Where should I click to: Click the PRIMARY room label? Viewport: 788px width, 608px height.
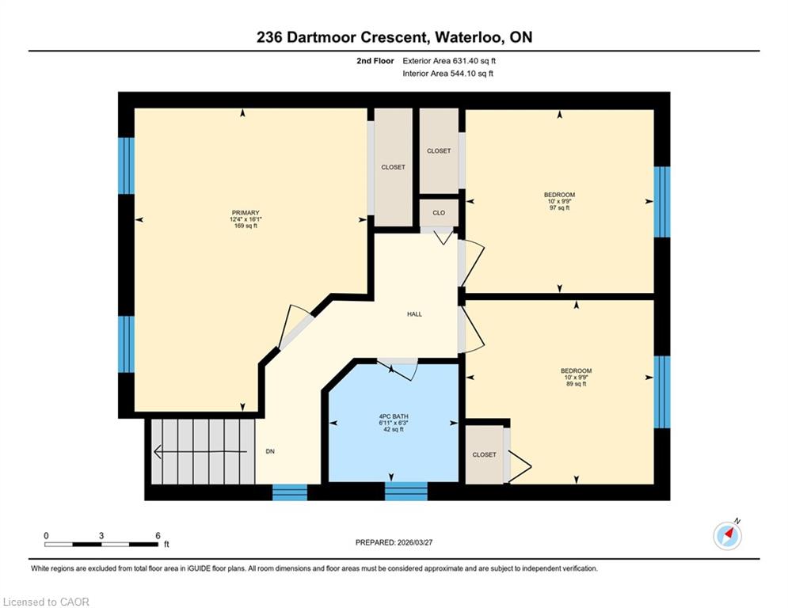click(x=246, y=212)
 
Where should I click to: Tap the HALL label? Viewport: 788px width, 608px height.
click(x=415, y=314)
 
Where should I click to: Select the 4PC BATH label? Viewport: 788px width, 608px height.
click(x=394, y=416)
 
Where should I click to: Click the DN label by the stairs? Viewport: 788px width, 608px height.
click(x=270, y=451)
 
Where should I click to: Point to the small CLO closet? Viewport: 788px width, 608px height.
click(x=439, y=212)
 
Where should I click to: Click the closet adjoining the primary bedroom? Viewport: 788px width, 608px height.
click(x=393, y=167)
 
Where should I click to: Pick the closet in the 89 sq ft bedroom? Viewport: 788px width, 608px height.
click(x=485, y=454)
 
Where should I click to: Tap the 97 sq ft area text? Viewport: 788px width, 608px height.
click(x=559, y=207)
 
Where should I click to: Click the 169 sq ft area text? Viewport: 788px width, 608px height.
click(x=246, y=226)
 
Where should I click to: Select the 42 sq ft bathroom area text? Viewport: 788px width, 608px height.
click(x=394, y=430)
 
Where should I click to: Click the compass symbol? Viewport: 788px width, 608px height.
click(x=727, y=536)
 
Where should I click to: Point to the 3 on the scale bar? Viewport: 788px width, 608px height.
click(x=101, y=536)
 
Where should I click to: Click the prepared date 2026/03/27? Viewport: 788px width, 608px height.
click(x=415, y=542)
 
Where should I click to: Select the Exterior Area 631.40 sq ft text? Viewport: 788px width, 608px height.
click(x=449, y=61)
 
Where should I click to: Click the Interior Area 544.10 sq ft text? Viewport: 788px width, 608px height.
click(x=447, y=74)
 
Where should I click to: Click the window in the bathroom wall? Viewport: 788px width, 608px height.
click(x=406, y=491)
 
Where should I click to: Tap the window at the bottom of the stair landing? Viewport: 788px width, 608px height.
click(x=290, y=492)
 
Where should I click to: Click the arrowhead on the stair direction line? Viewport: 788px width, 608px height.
click(x=157, y=452)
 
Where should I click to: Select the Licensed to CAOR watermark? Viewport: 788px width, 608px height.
click(x=46, y=602)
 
